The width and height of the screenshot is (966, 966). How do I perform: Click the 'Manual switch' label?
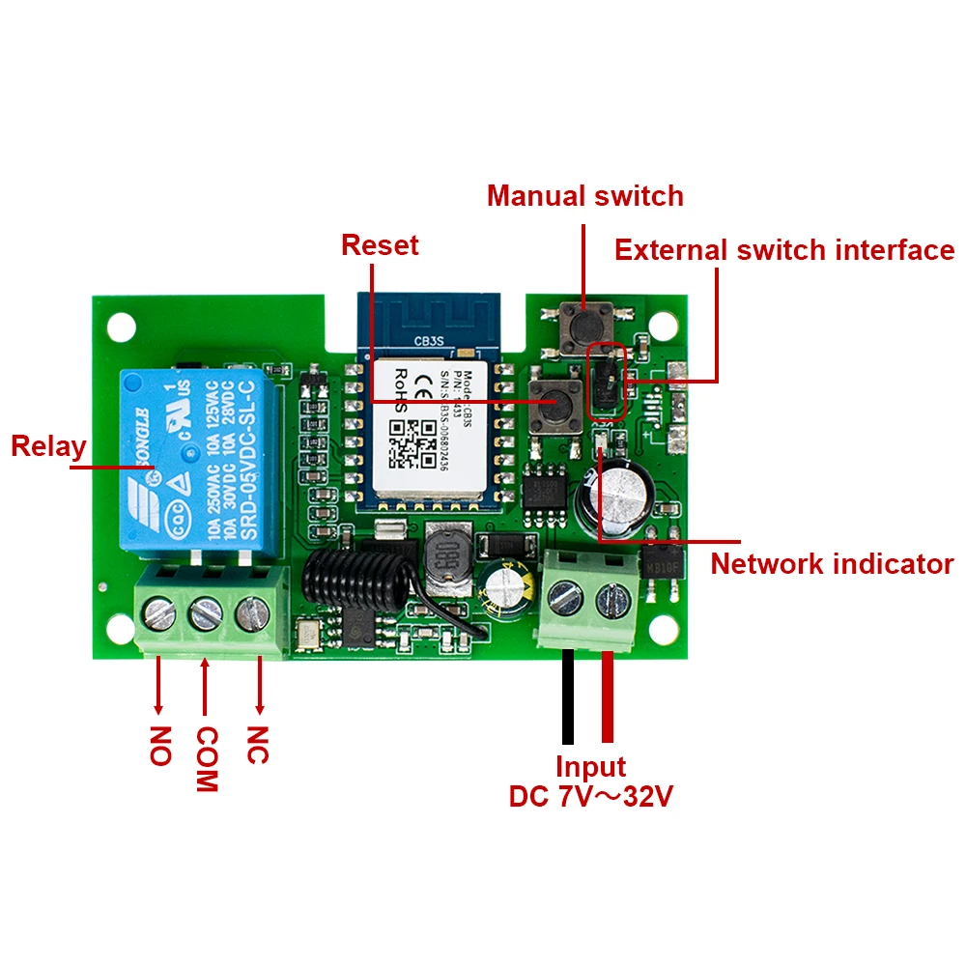tap(584, 196)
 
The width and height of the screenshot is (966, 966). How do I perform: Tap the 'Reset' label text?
tap(380, 245)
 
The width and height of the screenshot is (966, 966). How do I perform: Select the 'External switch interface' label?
tap(783, 251)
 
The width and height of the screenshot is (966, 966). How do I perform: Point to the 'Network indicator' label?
tap(832, 564)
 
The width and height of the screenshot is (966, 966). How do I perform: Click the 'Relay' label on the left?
tap(48, 447)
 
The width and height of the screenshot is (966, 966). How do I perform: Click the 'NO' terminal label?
tap(160, 745)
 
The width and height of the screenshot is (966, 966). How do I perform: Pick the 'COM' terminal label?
tap(206, 758)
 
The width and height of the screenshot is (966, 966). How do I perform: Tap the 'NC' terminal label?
tap(257, 745)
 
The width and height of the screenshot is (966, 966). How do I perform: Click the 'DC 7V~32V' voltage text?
tap(590, 798)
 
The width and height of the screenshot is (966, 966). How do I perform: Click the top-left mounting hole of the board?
tap(121, 326)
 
